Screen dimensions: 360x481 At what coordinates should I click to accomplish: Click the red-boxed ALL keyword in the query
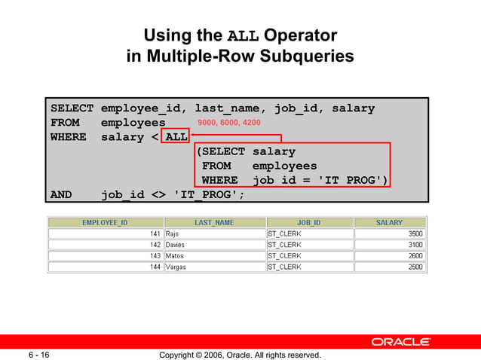coord(176,137)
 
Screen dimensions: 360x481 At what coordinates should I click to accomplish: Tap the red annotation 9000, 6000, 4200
coord(228,123)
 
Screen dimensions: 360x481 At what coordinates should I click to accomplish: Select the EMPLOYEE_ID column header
coord(106,223)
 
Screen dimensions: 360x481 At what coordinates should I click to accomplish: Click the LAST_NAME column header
coord(214,223)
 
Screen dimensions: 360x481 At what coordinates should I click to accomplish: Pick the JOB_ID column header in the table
coord(308,223)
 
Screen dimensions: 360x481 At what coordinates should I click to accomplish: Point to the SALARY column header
coord(389,223)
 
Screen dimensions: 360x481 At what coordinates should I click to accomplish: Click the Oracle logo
coord(400,342)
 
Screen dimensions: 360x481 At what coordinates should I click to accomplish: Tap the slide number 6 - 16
coord(40,355)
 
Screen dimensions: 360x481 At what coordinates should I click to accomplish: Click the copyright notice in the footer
coord(240,355)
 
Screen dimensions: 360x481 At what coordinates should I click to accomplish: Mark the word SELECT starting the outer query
coord(72,108)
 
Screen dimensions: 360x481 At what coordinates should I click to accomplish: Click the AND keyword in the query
coord(61,194)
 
